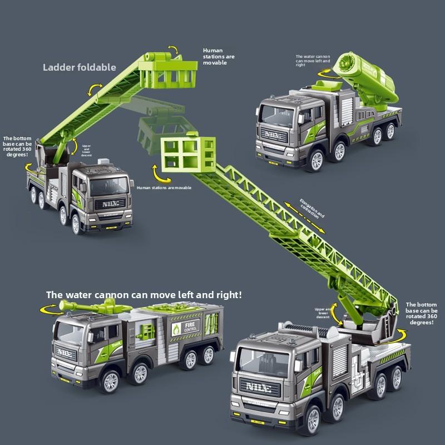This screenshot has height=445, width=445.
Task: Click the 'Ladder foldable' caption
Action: (80, 67)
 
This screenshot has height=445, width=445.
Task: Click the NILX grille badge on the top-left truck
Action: (109, 205)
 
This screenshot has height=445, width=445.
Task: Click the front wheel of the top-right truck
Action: (316, 160)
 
